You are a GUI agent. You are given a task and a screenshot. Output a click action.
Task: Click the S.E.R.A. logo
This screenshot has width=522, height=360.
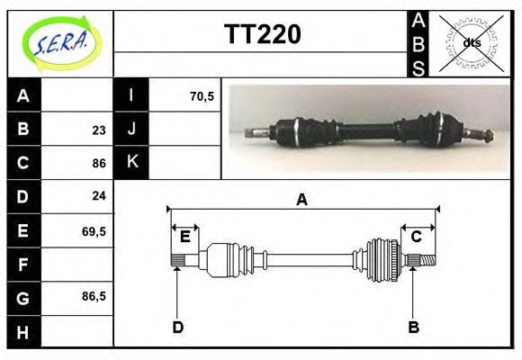point(61,43)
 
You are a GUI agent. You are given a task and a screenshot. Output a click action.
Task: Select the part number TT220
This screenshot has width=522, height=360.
point(262,35)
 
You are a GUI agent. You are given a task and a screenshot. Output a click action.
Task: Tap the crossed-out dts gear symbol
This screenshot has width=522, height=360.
point(471,43)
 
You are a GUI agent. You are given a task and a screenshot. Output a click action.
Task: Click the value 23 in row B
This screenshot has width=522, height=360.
point(98,130)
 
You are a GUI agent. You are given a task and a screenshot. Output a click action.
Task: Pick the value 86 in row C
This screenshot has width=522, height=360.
point(98,164)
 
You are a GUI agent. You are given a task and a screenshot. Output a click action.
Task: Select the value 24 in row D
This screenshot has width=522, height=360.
point(98,195)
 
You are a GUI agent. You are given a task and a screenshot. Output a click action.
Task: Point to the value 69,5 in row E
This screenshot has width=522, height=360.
point(94,230)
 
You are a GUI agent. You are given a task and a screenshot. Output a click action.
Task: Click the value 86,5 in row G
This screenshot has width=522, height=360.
point(94,296)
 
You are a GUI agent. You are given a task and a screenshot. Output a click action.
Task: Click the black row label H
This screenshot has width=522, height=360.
point(23,331)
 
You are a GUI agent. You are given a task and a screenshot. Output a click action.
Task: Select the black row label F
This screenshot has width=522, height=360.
point(23,264)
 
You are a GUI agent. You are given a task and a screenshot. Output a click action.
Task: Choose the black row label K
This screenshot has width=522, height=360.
point(131,162)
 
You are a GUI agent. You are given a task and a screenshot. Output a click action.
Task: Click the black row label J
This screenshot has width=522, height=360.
point(131,129)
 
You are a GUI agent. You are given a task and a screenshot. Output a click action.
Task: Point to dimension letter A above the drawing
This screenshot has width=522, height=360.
point(301,200)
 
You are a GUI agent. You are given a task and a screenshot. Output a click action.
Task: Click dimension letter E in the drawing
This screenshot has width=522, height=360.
point(184,237)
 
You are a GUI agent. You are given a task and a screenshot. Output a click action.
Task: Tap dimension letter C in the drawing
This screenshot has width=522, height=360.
point(417,237)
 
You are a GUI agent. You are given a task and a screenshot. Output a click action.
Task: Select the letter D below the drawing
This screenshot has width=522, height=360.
point(177,328)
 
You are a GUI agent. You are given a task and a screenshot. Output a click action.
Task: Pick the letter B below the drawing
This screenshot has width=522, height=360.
point(413,328)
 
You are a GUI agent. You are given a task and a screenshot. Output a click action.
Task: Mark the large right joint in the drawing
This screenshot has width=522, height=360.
point(382,259)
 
